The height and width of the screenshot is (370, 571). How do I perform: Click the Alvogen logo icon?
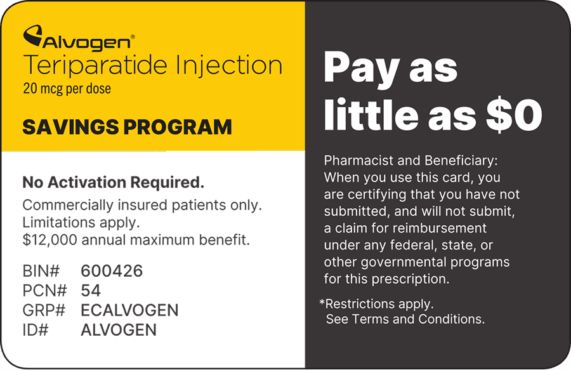click(x=33, y=36)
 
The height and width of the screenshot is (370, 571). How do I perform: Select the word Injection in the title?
click(x=228, y=66)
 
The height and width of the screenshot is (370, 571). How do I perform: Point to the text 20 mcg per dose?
click(x=67, y=88)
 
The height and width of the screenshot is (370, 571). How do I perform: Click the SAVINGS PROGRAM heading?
click(x=127, y=127)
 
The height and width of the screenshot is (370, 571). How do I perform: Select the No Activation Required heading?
click(x=114, y=182)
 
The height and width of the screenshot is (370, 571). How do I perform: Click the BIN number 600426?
click(x=112, y=271)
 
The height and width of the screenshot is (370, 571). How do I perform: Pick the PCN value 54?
click(x=91, y=291)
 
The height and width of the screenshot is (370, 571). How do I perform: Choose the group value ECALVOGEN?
click(x=129, y=310)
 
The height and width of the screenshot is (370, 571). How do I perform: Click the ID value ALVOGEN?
click(x=119, y=330)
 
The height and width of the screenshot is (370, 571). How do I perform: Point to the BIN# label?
click(x=41, y=271)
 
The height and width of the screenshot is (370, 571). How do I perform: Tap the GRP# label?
click(x=44, y=310)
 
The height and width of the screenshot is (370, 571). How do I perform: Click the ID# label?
click(x=36, y=330)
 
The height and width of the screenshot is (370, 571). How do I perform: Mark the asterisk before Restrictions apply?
click(x=322, y=302)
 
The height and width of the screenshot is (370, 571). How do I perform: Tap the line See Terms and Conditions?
click(x=405, y=319)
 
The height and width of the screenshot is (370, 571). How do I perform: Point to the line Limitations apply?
click(x=81, y=223)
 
